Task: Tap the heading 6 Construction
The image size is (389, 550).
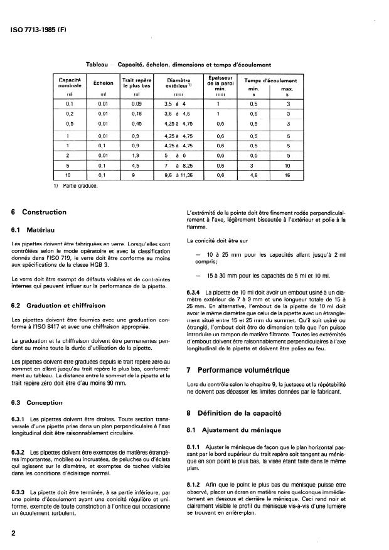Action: pyautogui.click(x=41, y=212)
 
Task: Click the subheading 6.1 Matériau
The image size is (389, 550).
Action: pyautogui.click(x=37, y=230)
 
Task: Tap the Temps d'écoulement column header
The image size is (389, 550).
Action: pyautogui.click(x=270, y=80)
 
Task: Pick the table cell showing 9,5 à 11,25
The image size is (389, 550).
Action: pyautogui.click(x=179, y=176)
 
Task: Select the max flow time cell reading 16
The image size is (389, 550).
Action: pyautogui.click(x=288, y=176)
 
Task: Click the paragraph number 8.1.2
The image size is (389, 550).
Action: pyautogui.click(x=194, y=485)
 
